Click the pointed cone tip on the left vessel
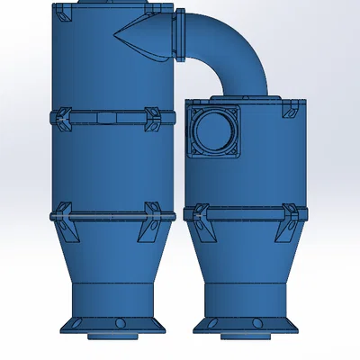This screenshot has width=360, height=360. click(x=118, y=34)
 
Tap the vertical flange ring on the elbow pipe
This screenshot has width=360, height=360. click(x=180, y=34)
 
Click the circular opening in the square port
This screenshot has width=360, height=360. click(x=216, y=131)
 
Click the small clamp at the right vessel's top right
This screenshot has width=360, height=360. click(x=291, y=108)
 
